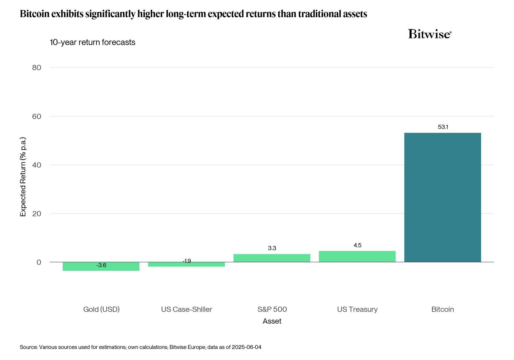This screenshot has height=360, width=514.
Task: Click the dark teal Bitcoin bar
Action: click(x=442, y=197)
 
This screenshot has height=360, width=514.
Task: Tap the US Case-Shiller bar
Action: click(x=186, y=265)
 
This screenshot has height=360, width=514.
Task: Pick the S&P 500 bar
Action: click(x=272, y=258)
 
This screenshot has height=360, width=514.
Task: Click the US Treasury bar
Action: click(x=357, y=256)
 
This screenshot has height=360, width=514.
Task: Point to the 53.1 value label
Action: click(x=443, y=127)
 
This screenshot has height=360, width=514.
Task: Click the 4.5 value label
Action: click(x=357, y=246)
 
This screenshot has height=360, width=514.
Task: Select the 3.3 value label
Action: click(x=272, y=248)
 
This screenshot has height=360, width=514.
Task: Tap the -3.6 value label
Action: click(x=101, y=265)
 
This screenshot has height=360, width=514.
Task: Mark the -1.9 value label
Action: click(x=187, y=261)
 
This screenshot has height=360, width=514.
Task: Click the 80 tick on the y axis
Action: click(x=37, y=67)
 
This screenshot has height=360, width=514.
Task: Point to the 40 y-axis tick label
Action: click(x=37, y=165)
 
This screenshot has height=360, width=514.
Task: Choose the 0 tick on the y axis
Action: click(x=39, y=262)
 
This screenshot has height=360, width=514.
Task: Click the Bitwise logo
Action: click(x=430, y=34)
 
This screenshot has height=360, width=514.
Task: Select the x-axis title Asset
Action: click(x=272, y=321)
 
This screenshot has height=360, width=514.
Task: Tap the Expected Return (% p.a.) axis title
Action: click(x=23, y=177)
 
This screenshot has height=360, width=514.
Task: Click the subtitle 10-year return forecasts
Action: click(x=93, y=42)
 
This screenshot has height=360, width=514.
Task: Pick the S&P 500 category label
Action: click(x=272, y=309)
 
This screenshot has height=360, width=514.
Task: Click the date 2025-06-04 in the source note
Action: click(x=246, y=347)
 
